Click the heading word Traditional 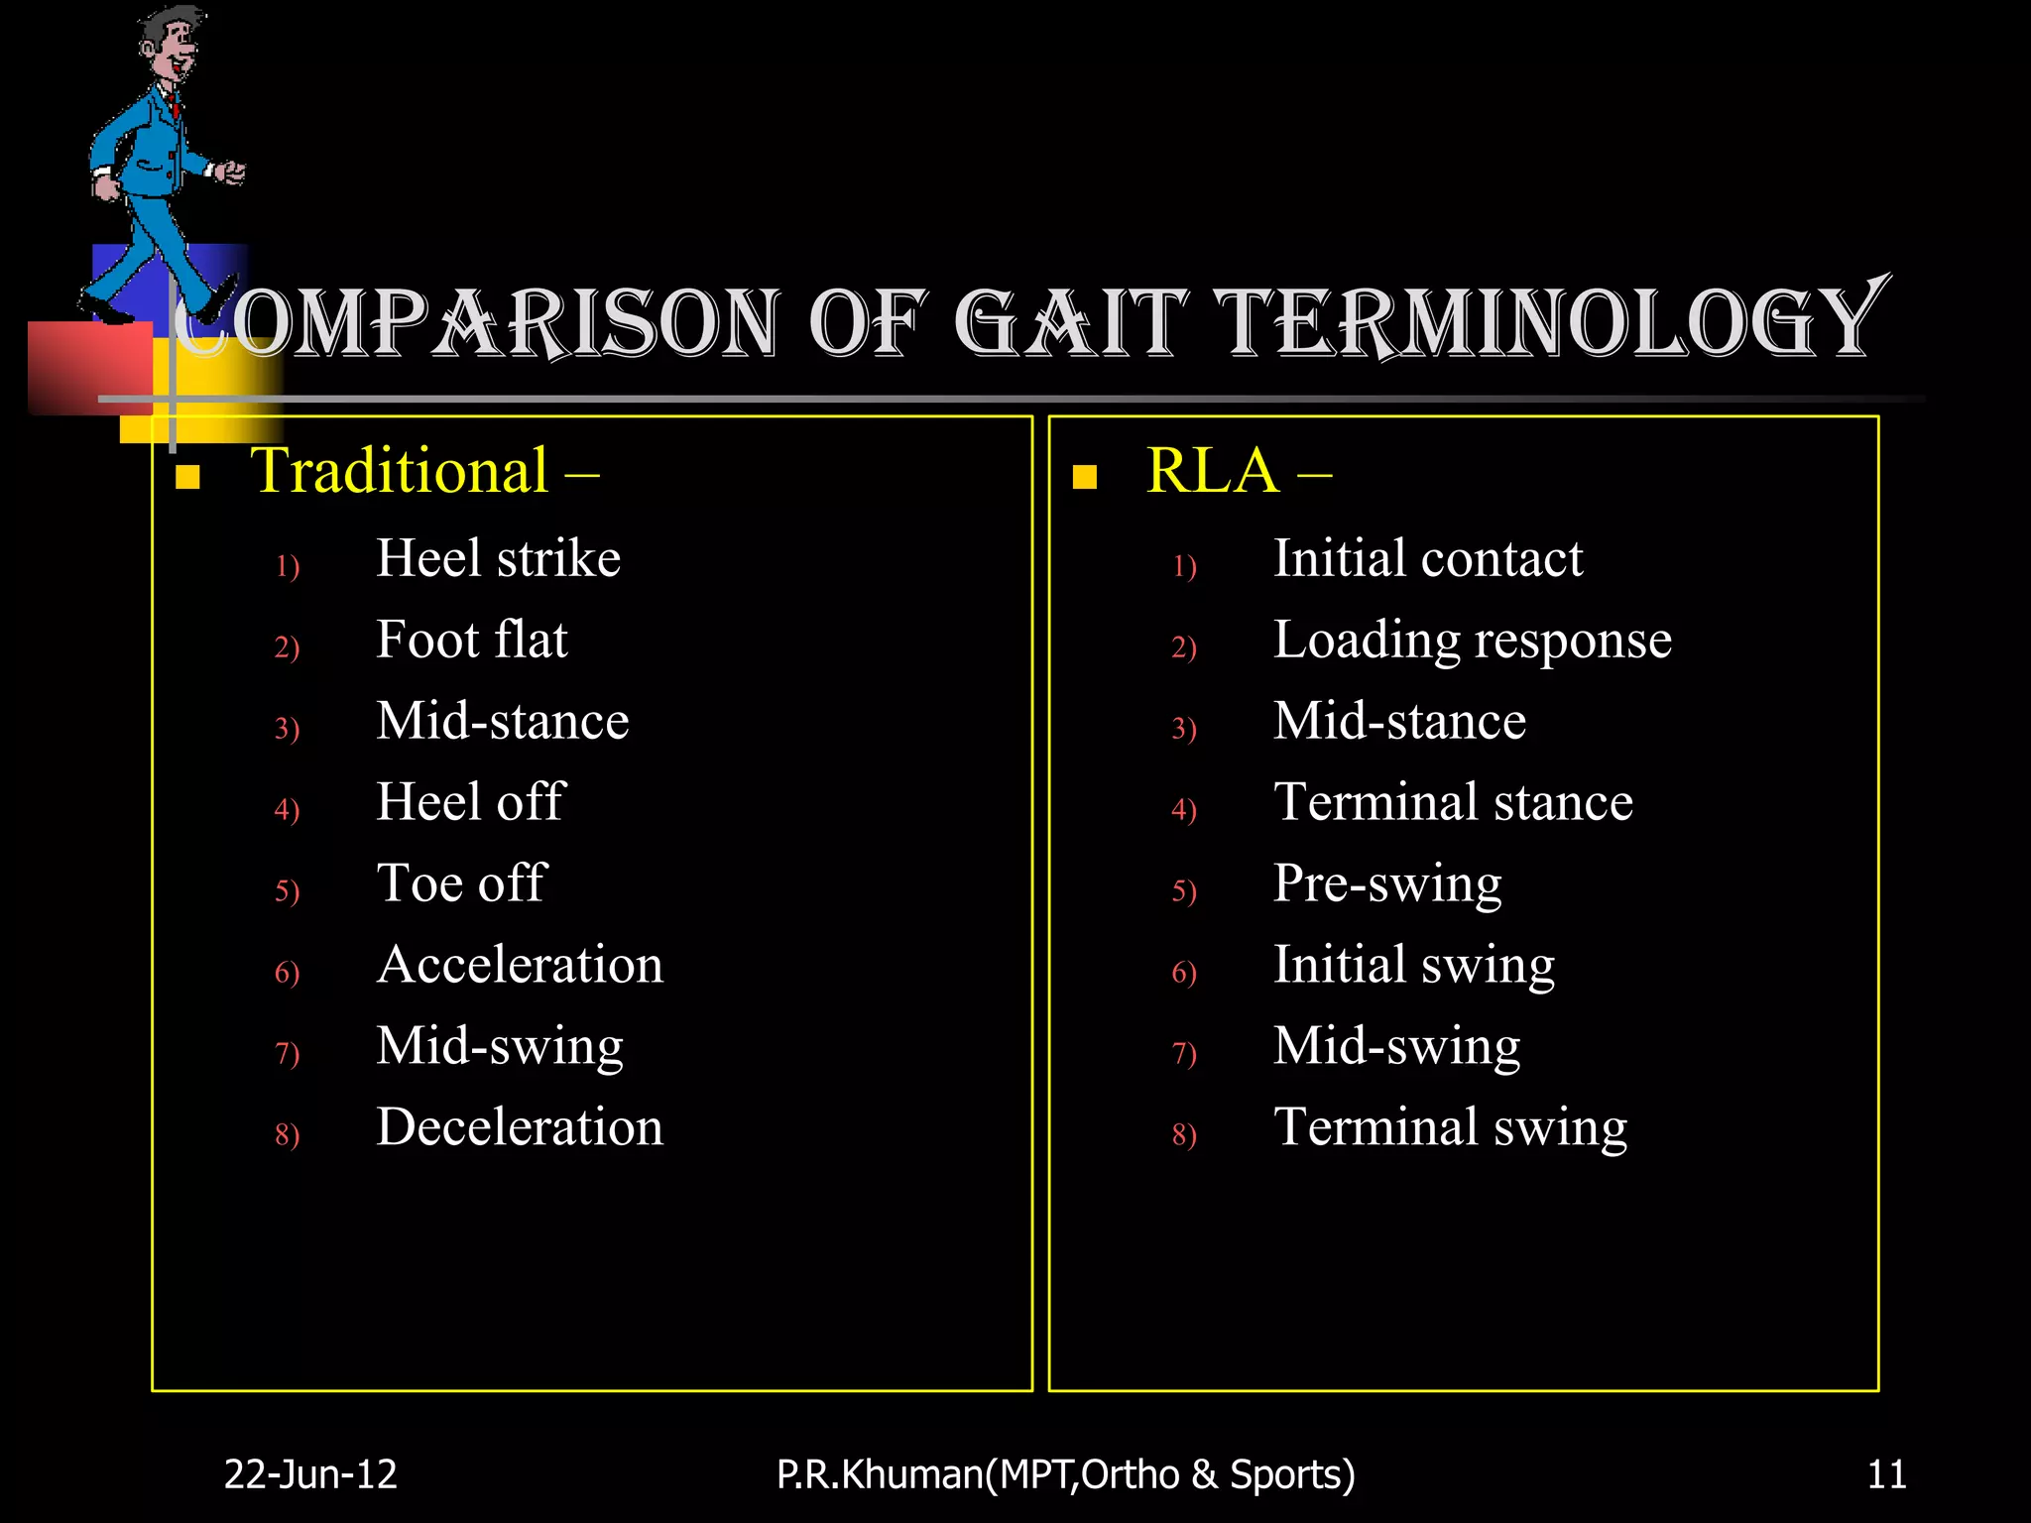pos(400,471)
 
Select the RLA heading pos(1212,471)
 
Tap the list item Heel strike pos(498,558)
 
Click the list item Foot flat pos(472,640)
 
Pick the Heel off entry pos(470,802)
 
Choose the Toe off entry pos(461,883)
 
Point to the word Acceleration pos(520,965)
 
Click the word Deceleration pos(520,1127)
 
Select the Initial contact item pos(1428,558)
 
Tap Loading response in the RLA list pos(1473,640)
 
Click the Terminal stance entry pos(1453,802)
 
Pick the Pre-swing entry pos(1387,883)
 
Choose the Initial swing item pos(1414,965)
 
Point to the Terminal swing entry pos(1451,1127)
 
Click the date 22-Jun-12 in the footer pos(310,1474)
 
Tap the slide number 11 pos(1886,1474)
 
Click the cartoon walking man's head pos(169,45)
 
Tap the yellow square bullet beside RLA pos(1085,478)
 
